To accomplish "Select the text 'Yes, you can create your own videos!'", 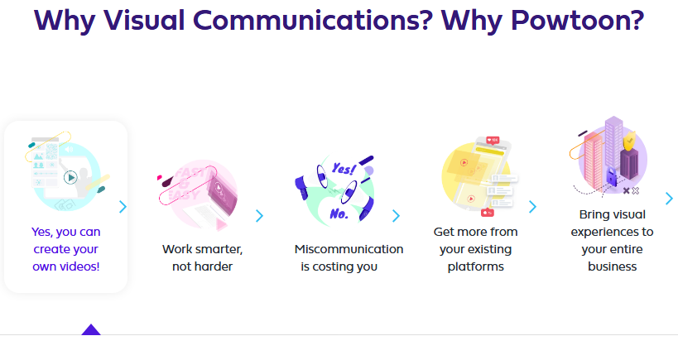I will pyautogui.click(x=66, y=249).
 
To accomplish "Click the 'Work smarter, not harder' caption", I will pyautogui.click(x=202, y=257).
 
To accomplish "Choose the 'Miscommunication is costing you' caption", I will pyautogui.click(x=349, y=257).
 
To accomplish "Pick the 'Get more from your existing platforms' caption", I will pyautogui.click(x=475, y=249).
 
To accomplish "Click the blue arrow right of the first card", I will pyautogui.click(x=123, y=206).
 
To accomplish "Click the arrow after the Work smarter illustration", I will pyautogui.click(x=259, y=216).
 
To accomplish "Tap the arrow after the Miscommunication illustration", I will pyautogui.click(x=396, y=216).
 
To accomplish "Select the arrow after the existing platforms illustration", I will pyautogui.click(x=532, y=206).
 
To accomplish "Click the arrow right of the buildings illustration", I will pyautogui.click(x=669, y=198).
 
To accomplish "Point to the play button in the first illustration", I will pyautogui.click(x=71, y=176).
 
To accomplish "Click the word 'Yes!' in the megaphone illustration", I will pyautogui.click(x=342, y=168).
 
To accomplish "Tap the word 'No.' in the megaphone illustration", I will pyautogui.click(x=339, y=213).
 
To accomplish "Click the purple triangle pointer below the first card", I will pyautogui.click(x=91, y=329).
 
